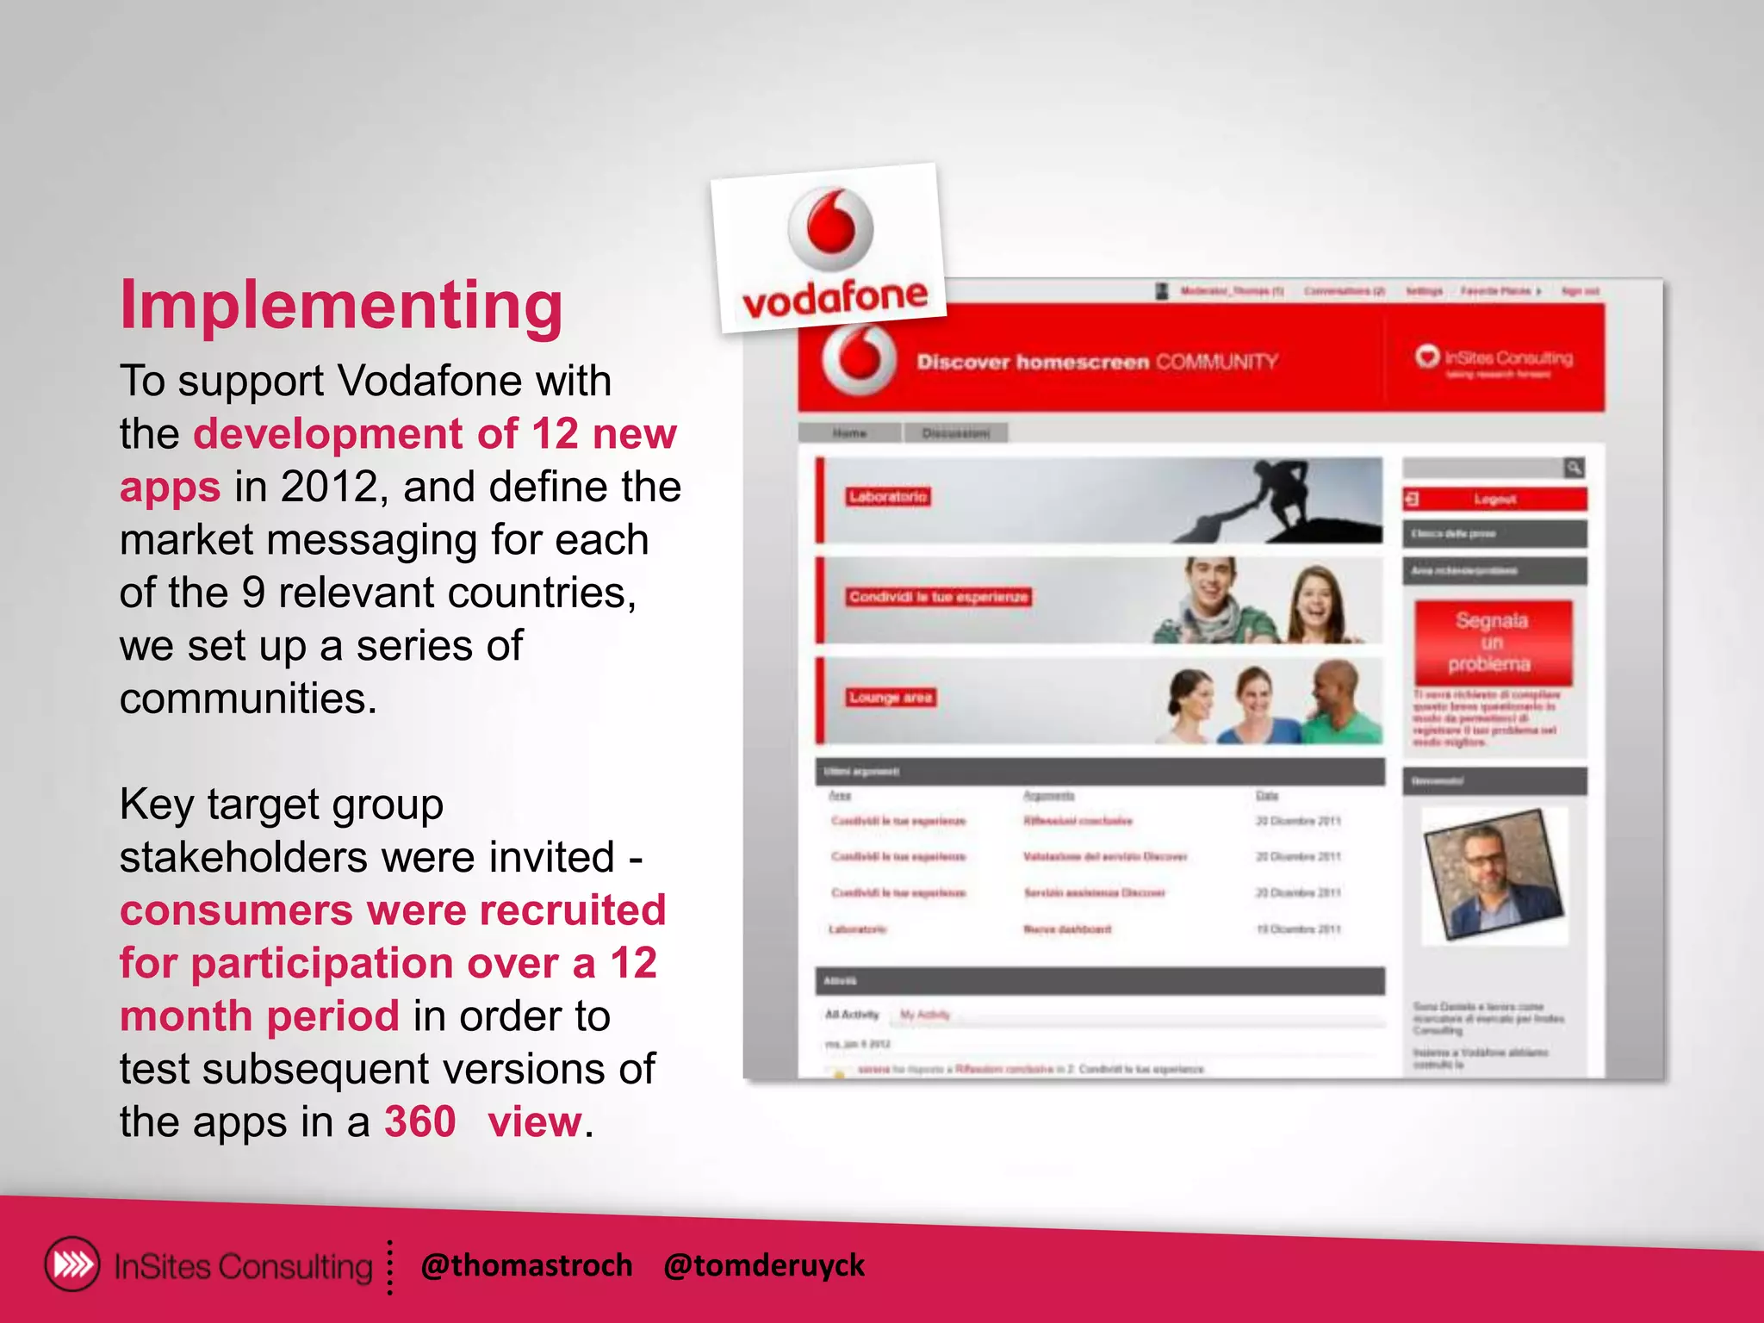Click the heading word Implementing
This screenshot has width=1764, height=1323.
[x=341, y=306]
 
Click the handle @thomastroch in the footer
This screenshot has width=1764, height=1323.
[x=526, y=1265]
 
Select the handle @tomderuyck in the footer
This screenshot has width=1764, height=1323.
[x=763, y=1265]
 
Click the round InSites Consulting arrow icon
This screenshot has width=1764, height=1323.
[x=72, y=1264]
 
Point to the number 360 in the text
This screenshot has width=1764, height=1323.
[x=419, y=1121]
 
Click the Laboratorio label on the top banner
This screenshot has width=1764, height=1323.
[x=888, y=497]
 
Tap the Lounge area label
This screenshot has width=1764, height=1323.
[x=891, y=698]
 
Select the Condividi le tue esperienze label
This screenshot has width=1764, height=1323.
[x=938, y=597]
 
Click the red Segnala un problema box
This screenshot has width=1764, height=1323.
[x=1492, y=643]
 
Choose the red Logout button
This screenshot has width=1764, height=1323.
[x=1494, y=500]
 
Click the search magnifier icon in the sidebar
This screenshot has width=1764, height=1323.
[x=1574, y=468]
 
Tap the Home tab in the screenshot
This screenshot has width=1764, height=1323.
[x=849, y=432]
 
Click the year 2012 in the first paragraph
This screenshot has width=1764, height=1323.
[x=329, y=487]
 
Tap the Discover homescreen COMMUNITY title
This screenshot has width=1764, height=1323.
[x=1096, y=362]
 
